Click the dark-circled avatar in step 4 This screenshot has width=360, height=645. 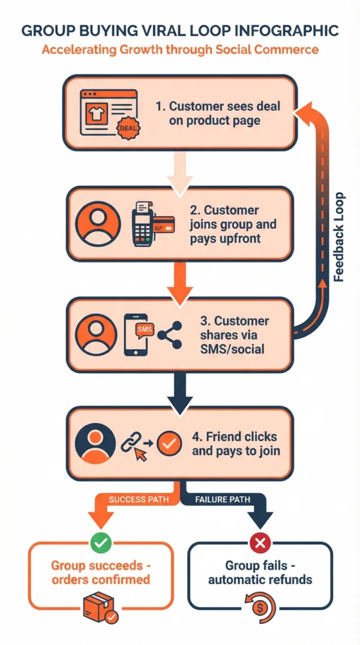94,444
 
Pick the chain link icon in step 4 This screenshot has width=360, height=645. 131,444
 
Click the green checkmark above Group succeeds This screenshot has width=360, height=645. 101,543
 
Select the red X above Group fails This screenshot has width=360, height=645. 260,543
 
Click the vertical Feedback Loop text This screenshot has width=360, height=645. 339,237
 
